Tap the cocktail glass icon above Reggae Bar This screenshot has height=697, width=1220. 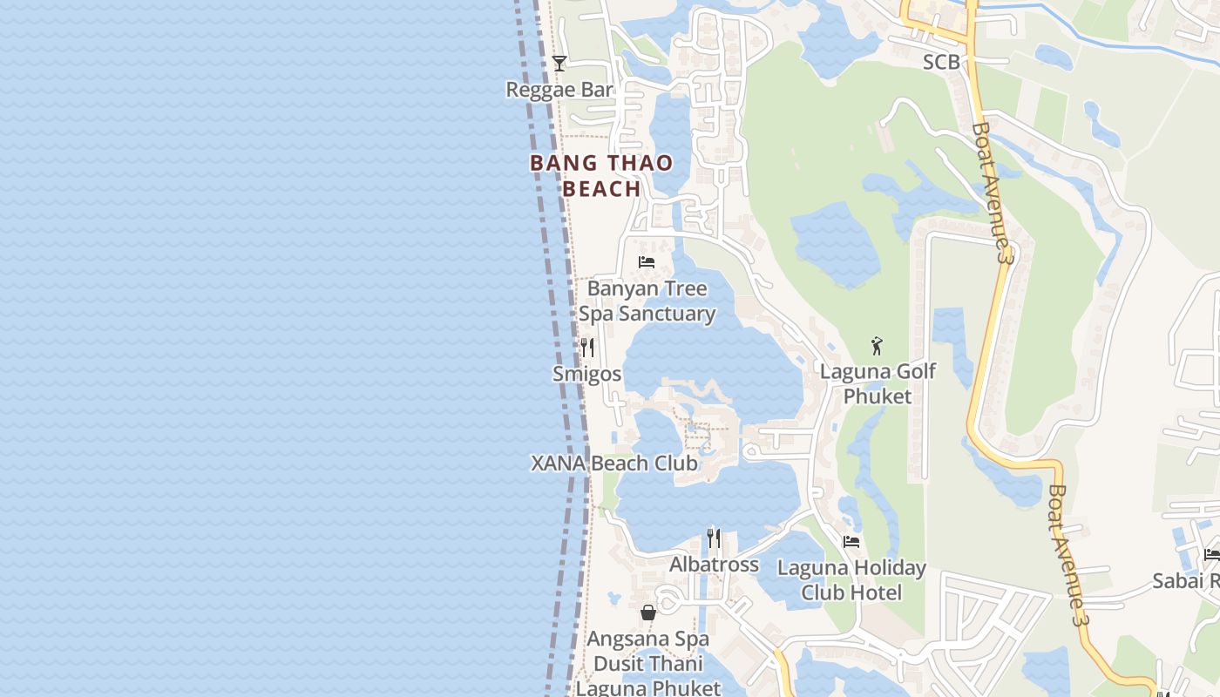click(x=559, y=64)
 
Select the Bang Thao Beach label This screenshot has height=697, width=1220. click(x=601, y=175)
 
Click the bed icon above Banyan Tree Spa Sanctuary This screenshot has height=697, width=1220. click(x=647, y=261)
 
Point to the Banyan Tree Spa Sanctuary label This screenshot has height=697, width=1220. click(x=647, y=301)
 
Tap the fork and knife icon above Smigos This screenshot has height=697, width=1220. click(x=587, y=348)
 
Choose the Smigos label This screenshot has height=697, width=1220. click(x=587, y=374)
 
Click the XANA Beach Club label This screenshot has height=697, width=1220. click(x=614, y=463)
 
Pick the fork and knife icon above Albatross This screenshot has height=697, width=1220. click(x=714, y=538)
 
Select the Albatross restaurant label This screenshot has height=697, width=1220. click(x=714, y=565)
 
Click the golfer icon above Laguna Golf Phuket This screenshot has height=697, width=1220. click(x=877, y=346)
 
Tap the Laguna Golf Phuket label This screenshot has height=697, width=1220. click(x=878, y=383)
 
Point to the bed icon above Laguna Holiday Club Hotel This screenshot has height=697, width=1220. click(x=851, y=542)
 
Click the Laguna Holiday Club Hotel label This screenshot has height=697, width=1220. click(x=851, y=580)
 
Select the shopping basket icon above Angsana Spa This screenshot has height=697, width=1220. click(x=647, y=612)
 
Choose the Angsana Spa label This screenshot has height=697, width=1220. click(x=647, y=639)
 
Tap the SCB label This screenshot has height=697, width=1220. click(x=941, y=62)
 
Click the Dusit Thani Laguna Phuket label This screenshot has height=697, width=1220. click(x=648, y=675)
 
